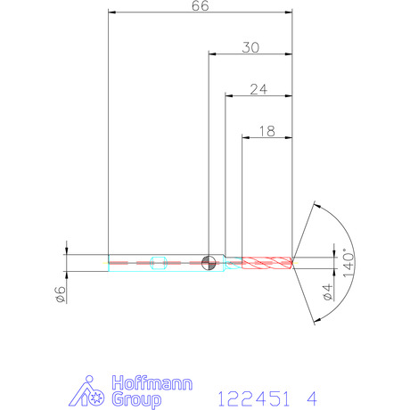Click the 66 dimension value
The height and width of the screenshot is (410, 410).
(201, 5)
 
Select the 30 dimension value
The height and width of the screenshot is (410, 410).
(250, 47)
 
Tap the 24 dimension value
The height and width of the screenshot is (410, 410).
(258, 89)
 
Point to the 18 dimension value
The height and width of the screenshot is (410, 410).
(267, 131)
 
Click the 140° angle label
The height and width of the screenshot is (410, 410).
(349, 263)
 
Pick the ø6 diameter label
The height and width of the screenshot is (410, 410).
(61, 294)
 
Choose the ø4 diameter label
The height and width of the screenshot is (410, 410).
(328, 292)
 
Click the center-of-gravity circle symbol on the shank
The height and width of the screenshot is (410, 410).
(209, 263)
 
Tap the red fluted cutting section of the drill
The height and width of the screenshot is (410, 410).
(266, 263)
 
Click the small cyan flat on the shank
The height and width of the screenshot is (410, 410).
(159, 263)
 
